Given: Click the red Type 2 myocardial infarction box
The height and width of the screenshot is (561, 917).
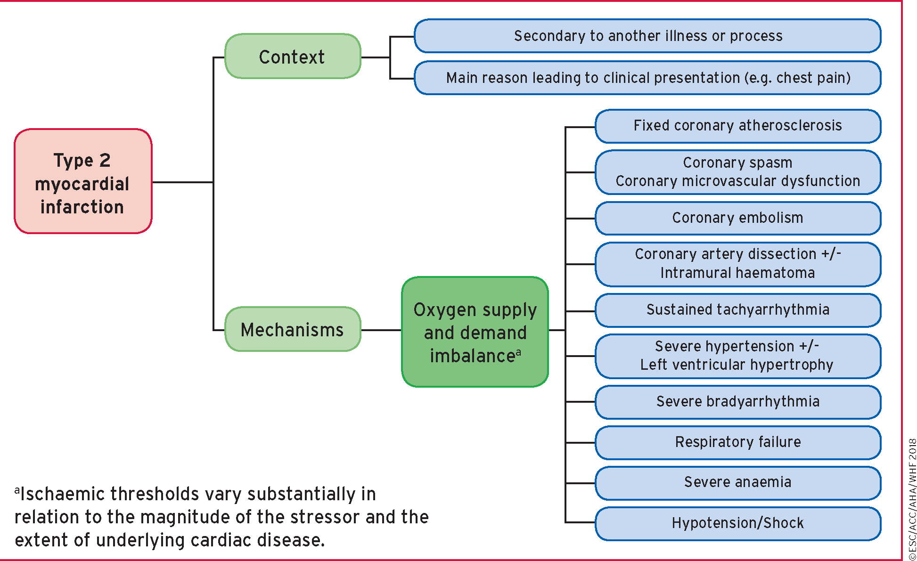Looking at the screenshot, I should tap(83, 181).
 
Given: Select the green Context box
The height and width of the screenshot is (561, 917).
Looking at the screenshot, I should tap(293, 57).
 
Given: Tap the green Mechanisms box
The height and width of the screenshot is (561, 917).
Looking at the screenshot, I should tap(293, 329).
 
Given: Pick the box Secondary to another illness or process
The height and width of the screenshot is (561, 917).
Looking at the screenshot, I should tap(647, 36).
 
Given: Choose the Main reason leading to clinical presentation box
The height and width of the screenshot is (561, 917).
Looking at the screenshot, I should tap(647, 78).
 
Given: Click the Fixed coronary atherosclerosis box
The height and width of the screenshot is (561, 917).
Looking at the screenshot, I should tap(737, 126).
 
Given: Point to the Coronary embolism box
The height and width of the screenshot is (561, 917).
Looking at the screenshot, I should tap(737, 218).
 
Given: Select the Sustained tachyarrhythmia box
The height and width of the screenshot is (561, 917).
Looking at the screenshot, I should tap(737, 310).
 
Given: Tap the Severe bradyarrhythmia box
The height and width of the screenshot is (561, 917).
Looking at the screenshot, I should tap(737, 402).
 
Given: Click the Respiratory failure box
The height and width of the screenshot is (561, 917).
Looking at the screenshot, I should tap(737, 442).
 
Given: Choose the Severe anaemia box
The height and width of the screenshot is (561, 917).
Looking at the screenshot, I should tap(737, 482).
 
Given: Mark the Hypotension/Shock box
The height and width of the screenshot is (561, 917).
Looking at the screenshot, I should tap(737, 523).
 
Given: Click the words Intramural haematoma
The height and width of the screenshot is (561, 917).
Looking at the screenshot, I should tap(737, 273).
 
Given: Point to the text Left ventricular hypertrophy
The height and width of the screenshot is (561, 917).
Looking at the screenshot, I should tap(737, 365).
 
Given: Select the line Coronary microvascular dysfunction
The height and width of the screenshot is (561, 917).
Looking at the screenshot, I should tap(737, 181).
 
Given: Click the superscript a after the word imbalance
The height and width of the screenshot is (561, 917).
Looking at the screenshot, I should tap(518, 352).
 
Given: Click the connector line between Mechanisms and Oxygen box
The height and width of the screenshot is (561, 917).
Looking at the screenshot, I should tap(381, 330).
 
